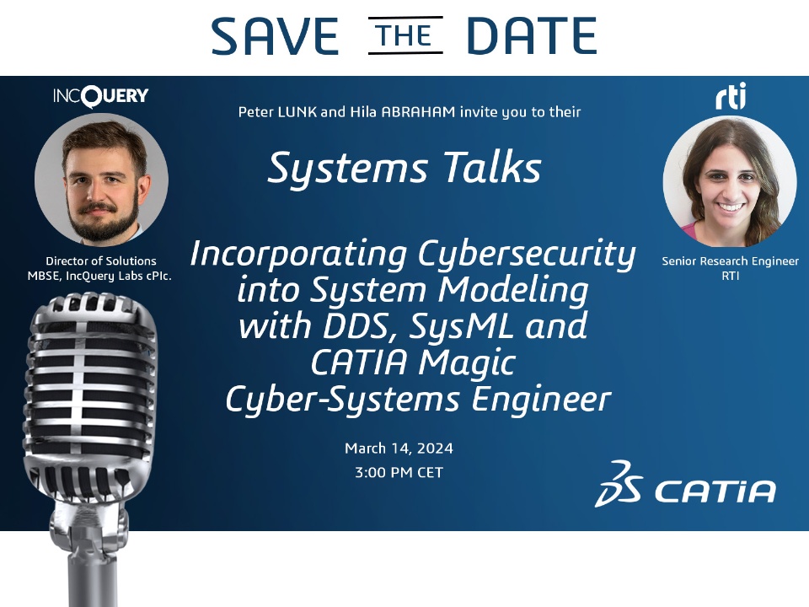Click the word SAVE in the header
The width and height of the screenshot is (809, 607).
275,35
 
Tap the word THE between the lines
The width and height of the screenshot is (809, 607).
405,35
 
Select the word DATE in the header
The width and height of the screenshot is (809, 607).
532,35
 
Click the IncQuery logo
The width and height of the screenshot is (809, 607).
101,96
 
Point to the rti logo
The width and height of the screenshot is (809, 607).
731,96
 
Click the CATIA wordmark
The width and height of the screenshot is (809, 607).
715,491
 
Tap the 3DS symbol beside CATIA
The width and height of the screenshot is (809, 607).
619,484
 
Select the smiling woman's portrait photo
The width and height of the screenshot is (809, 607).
730,181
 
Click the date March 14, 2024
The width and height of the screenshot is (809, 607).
399,448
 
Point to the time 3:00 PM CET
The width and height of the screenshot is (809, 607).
399,472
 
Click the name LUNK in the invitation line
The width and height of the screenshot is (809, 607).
297,112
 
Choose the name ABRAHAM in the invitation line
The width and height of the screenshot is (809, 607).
419,112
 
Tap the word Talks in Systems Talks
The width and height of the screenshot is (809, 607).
493,169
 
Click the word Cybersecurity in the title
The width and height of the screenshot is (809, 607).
527,255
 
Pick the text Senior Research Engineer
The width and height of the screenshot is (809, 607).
730,261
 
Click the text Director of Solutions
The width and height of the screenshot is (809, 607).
101,261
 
